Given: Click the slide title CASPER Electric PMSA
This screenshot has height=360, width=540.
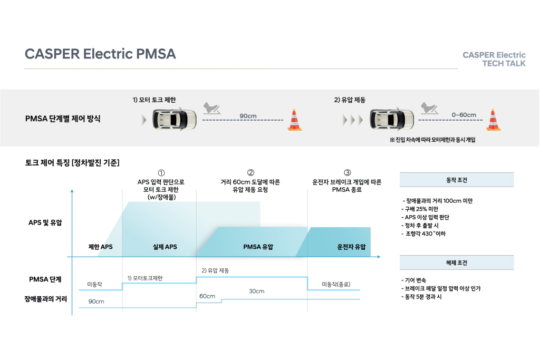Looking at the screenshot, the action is coord(100,54).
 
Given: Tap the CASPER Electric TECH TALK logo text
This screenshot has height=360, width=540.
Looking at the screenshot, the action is coord(494,59).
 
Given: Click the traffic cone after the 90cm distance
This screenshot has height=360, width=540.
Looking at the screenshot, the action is coord(294,120).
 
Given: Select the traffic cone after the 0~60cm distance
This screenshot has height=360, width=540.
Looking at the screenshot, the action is coord(493,120).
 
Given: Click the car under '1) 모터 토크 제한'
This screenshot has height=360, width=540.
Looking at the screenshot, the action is coord(174,119).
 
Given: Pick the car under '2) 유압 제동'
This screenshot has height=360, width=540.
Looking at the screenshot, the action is coord(392,119).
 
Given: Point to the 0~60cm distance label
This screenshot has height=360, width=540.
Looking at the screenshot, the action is coord(464,115).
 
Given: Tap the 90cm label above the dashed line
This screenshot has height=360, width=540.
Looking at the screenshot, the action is coord(248,116).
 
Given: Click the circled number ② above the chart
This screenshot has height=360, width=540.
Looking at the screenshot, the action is coord(250,172).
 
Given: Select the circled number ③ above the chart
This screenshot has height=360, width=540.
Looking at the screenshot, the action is coord(347,172).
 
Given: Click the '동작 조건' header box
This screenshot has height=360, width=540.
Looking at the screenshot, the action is coord(457,180).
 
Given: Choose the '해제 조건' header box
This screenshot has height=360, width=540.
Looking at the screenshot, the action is coord(457,262).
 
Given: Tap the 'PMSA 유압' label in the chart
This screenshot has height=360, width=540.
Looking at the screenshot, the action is coord(258,247).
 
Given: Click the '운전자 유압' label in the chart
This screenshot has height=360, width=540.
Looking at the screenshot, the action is coord(351,247).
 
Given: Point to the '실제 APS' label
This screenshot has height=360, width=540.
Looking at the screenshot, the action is coord(165,247).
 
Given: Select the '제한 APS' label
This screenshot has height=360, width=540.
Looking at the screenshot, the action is coord(101,247).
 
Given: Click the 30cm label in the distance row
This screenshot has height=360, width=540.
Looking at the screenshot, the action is coord(257,291).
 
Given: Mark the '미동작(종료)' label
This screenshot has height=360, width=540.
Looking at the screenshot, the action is coord(336,284).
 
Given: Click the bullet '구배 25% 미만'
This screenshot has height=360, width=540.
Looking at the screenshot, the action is coord(420,209).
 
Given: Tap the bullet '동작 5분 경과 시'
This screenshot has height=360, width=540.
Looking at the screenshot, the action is coord(421,297).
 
